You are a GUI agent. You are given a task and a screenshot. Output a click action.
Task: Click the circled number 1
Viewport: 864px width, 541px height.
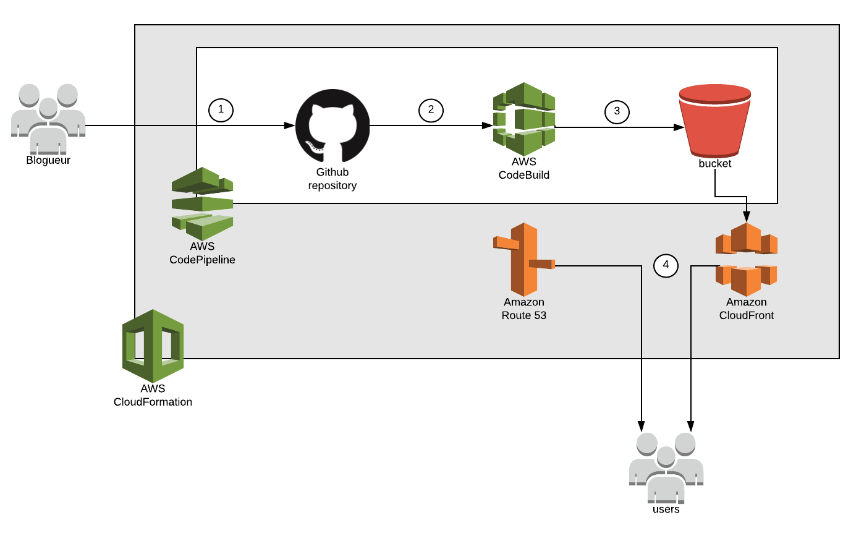pos(221,110)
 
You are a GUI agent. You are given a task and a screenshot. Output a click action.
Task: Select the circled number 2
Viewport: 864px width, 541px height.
pos(431,110)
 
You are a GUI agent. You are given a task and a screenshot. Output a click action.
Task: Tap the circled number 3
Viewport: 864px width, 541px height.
pos(617,111)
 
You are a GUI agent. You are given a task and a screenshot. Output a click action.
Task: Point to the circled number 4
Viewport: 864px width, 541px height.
pos(666,265)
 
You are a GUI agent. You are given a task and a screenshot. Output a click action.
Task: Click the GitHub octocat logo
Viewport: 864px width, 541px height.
pos(332,126)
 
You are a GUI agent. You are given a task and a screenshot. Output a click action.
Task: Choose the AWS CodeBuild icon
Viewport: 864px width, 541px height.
pos(524,119)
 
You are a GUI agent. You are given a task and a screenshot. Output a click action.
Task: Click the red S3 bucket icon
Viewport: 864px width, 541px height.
pos(715,121)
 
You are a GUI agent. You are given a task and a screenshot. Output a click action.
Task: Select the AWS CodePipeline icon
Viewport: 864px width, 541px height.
pos(202,203)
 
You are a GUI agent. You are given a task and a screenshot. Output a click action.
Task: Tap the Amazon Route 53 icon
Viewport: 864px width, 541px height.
pos(523,259)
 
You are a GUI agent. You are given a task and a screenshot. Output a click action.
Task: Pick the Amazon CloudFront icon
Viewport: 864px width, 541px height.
pos(746,259)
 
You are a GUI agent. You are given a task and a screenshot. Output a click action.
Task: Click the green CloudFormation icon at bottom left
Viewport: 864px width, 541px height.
pos(153,346)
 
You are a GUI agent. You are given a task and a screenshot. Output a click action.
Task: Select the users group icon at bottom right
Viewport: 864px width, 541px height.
pos(666,467)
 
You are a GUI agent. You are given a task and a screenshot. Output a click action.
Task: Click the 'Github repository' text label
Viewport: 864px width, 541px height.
pos(332,179)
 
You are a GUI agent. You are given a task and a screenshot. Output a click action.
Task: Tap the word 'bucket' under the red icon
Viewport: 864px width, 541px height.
pos(715,164)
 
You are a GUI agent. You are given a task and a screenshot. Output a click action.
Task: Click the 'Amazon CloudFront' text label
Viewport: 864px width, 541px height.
pos(746,309)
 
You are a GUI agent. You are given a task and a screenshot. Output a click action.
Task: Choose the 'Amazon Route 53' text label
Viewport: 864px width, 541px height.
pos(523,309)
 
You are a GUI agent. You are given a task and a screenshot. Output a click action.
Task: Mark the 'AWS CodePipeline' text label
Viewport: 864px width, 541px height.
pos(202,253)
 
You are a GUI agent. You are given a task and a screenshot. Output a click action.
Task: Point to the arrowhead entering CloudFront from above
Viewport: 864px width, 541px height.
pos(747,217)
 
